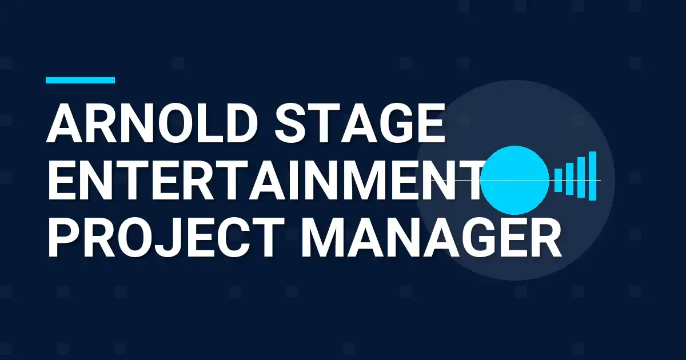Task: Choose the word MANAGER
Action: coord(432,236)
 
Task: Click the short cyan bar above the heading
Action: coord(80,81)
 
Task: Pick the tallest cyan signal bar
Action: coord(592,176)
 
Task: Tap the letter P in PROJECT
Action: coord(62,236)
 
